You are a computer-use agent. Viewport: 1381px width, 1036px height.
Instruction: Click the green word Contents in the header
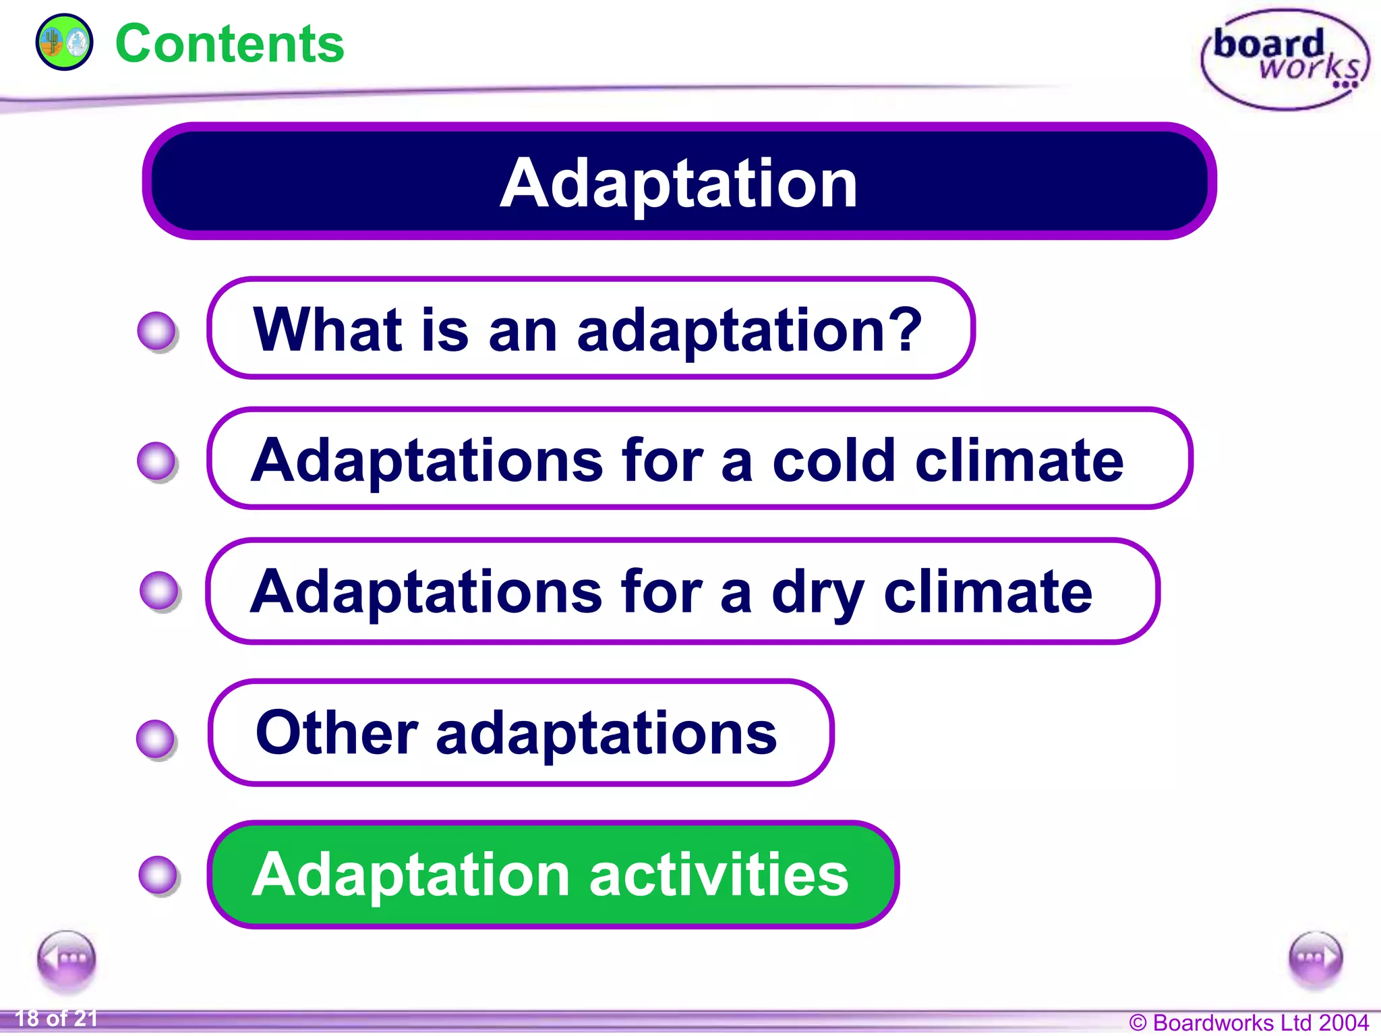pos(229,44)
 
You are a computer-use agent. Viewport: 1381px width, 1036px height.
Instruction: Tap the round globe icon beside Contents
pos(64,42)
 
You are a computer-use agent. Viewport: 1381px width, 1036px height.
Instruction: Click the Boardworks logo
pos(1285,59)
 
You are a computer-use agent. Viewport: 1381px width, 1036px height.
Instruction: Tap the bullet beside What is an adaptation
pos(156,330)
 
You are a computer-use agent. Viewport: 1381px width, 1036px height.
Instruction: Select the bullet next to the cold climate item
pos(156,461)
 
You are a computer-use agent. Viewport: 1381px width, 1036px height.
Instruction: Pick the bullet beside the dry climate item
pos(159,591)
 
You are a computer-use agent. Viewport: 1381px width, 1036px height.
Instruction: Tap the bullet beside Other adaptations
pos(156,739)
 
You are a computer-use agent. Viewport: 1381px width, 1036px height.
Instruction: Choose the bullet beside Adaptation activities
pos(158,875)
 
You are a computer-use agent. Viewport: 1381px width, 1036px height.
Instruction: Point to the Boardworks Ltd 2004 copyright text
pos(1249,1023)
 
